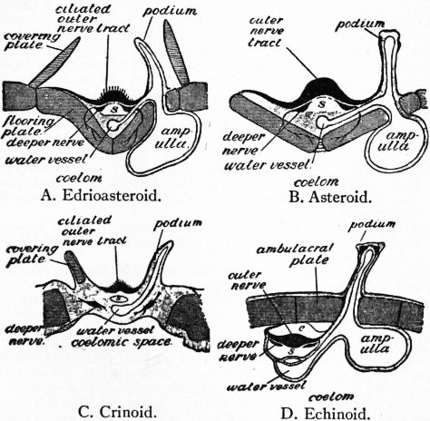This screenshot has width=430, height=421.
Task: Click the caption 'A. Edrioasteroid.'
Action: pos(100,196)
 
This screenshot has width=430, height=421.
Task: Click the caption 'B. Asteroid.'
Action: pos(329,198)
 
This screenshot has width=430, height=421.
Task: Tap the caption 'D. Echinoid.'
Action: pos(325,413)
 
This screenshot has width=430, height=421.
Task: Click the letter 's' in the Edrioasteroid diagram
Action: pos(113,109)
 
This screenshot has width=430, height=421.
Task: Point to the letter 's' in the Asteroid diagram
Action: pos(322,104)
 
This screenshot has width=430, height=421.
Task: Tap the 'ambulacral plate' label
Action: pos(294,254)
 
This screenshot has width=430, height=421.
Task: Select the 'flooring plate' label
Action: pos(28,126)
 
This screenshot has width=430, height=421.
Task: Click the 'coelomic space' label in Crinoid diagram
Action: pos(122,342)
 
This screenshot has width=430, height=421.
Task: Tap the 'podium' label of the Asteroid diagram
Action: pos(359,24)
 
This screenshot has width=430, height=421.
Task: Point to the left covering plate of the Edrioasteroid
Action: pos(55,62)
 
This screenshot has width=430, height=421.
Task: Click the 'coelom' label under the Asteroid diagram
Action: pos(316,181)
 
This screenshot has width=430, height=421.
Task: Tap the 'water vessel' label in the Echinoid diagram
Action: pos(267,387)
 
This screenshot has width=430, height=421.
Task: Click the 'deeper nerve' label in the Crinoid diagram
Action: pos(24,336)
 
